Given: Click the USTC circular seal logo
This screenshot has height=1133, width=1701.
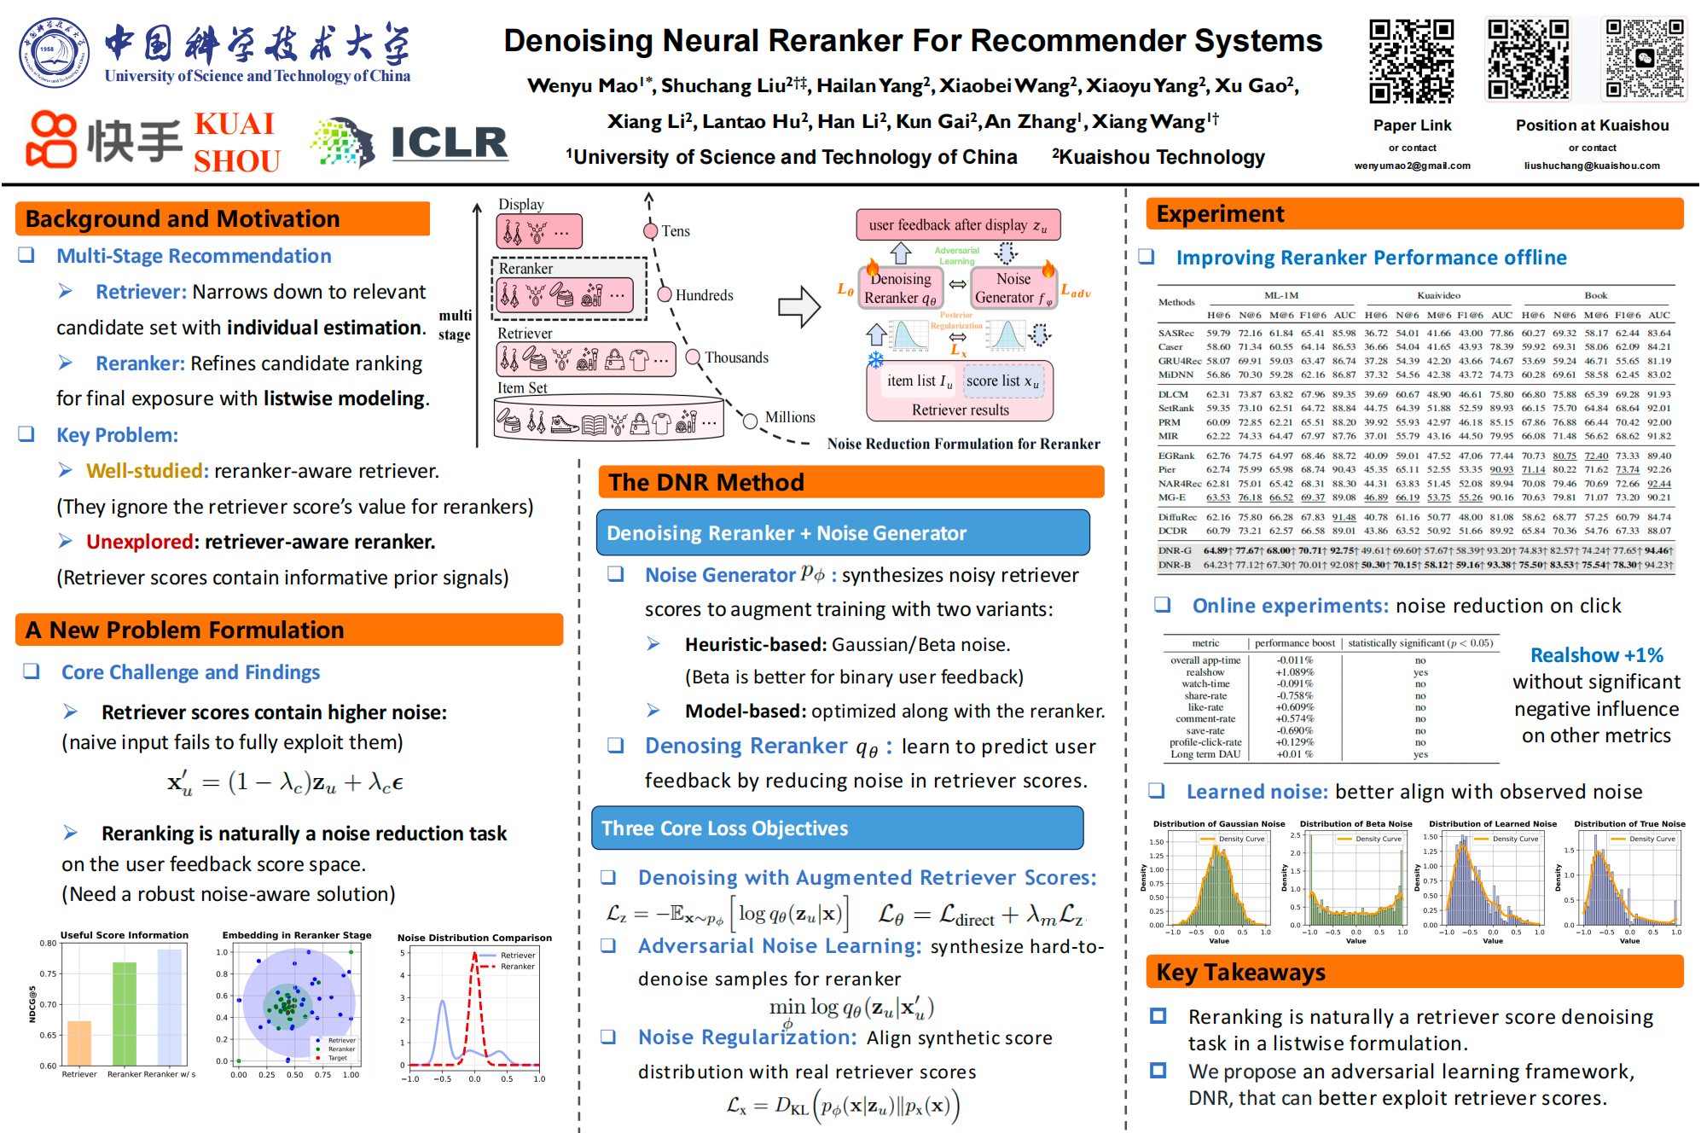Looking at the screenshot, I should point(53,53).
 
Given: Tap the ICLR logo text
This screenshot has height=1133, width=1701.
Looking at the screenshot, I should point(449,142).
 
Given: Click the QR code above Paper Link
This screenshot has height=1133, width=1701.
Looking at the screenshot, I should point(1411,61).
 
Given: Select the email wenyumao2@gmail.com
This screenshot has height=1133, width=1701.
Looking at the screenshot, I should point(1412,166).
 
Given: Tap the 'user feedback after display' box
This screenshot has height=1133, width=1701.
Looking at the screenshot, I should point(958,225).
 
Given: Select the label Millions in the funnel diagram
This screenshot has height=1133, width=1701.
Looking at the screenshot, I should point(790,417).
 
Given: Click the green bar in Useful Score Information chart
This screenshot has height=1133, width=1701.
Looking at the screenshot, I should point(125,1014).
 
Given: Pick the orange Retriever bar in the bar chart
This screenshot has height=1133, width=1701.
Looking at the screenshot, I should point(79,1043).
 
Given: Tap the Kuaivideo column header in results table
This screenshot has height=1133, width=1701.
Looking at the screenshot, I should point(1438,295).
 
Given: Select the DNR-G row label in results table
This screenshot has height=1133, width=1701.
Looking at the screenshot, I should point(1175,550).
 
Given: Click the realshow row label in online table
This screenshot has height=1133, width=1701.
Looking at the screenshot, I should point(1205,672).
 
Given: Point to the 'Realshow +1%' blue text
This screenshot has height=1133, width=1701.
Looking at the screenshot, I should point(1596,655).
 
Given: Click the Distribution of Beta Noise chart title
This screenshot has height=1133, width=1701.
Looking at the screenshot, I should point(1356,824).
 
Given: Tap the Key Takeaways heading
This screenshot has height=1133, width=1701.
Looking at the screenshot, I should point(1240,973).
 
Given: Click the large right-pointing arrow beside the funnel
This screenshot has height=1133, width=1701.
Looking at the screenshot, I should point(799,307).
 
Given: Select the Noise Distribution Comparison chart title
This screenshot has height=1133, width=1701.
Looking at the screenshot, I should point(474,938).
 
